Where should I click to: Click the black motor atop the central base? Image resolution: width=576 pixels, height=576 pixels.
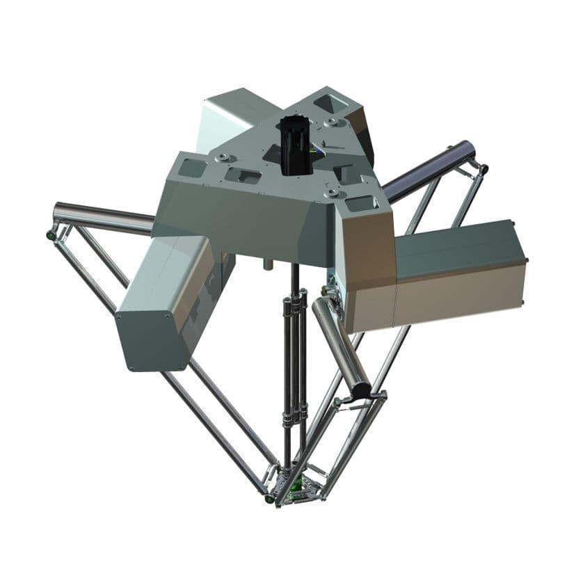click(x=295, y=145)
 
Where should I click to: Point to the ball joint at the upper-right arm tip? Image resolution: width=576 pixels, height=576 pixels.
click(x=483, y=168)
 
